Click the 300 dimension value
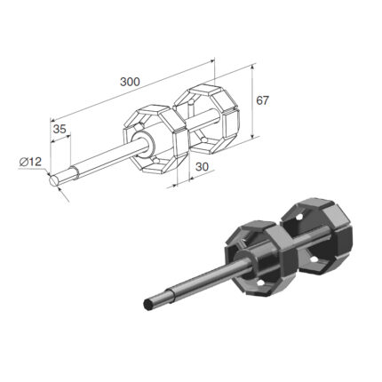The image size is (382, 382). click(x=130, y=82)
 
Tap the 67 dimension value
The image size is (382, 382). click(x=262, y=100)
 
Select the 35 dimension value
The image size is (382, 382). click(x=60, y=129)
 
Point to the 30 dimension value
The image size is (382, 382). click(x=203, y=167)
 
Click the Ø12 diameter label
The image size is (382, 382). click(x=30, y=162)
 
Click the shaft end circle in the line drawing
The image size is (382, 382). click(x=54, y=180)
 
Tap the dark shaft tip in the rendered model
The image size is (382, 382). click(x=147, y=304)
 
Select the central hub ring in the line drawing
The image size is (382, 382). click(x=143, y=143)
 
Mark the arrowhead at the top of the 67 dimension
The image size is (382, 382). click(x=252, y=68)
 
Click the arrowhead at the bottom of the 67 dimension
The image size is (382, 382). click(x=252, y=135)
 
